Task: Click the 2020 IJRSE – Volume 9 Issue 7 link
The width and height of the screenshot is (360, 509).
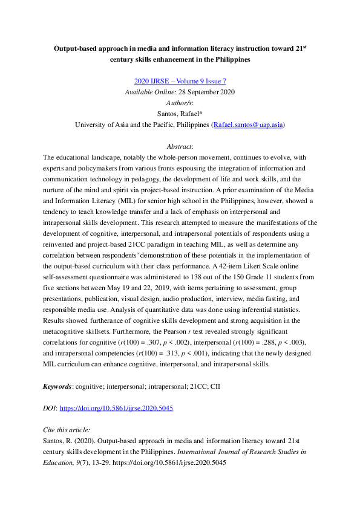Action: point(180,81)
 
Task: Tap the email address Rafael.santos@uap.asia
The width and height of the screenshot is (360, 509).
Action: point(248,125)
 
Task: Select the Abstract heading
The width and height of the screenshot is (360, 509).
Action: point(180,146)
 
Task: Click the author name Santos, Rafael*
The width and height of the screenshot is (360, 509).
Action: point(180,114)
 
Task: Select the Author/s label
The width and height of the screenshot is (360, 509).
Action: point(180,103)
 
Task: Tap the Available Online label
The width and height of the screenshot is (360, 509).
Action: point(146,92)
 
